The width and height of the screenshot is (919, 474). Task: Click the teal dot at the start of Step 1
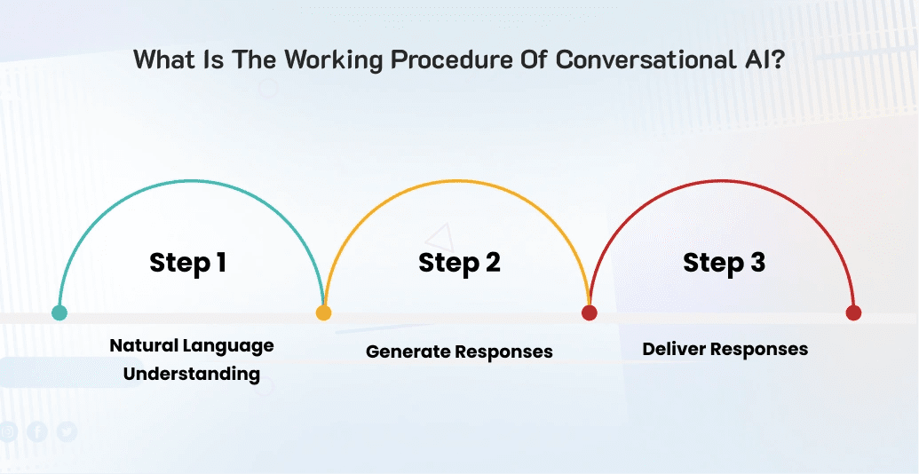59,312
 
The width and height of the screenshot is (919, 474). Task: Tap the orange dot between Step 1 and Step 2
323,312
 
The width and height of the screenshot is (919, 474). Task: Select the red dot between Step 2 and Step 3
589,312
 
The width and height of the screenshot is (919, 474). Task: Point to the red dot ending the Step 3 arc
853,312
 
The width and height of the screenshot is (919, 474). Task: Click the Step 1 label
187,263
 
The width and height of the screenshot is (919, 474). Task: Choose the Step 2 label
459,263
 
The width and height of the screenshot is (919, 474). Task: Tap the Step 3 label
724,263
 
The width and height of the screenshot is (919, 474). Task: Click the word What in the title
162,60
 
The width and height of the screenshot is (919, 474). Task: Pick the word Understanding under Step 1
192,373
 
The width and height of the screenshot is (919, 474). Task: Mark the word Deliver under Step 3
673,348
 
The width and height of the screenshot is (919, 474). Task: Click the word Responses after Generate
503,352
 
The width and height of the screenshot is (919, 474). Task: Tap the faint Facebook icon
37,431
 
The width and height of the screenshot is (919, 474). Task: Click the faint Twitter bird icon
67,431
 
